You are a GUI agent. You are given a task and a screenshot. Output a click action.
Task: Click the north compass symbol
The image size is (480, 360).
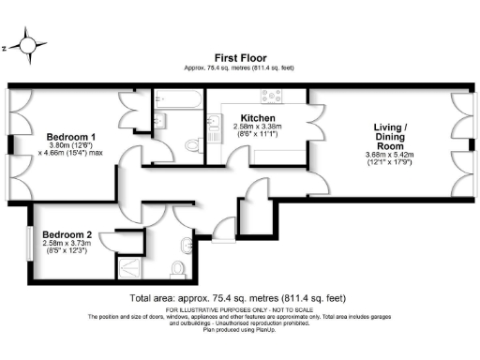tap(28, 46)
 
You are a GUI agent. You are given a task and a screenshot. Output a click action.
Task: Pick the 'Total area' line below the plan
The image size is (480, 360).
tap(239, 297)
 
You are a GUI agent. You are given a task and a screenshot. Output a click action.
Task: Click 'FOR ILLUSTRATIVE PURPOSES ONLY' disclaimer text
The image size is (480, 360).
tap(239, 308)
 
